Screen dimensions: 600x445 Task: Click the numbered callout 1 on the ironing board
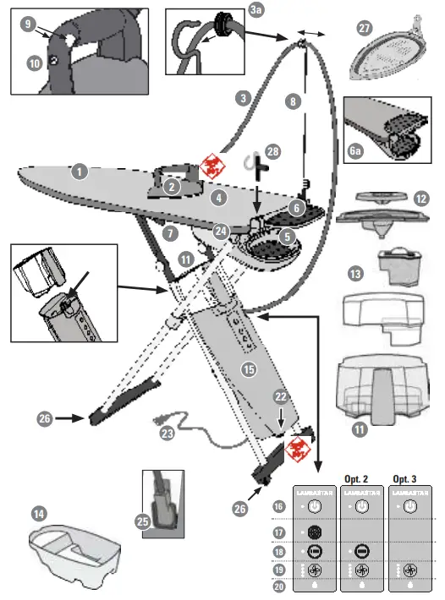point(80,172)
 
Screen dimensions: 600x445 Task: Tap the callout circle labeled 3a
point(256,10)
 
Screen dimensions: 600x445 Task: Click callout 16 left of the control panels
point(277,505)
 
